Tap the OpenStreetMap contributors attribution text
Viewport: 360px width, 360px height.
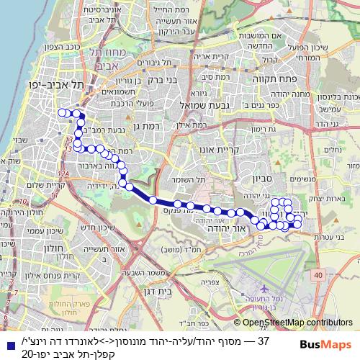pos(298,324)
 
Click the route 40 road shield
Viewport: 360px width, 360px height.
pos(318,274)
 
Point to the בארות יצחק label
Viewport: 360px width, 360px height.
pos(334,197)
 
